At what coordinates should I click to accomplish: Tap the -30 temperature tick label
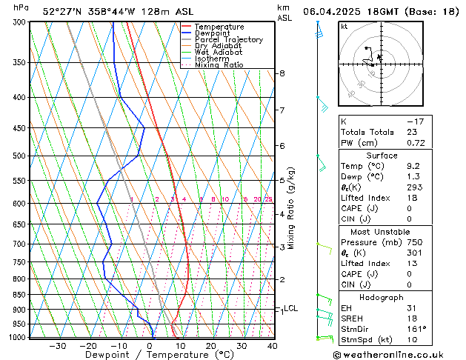coord(58,346)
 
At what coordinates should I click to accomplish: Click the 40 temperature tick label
coord(272,346)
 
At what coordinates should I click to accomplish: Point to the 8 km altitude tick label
coord(282,73)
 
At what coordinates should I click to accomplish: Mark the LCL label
coord(290,308)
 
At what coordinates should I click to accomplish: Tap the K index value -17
coord(415,121)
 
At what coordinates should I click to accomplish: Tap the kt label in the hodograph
coord(344,27)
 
